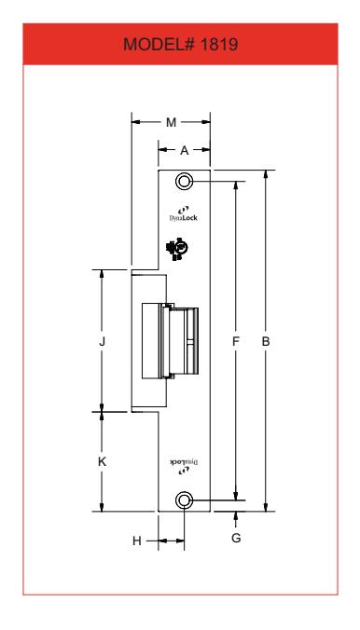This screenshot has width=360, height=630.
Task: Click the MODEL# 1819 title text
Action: [x=180, y=44]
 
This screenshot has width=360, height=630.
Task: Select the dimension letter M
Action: [x=172, y=122]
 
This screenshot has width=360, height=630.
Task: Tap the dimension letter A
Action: [x=185, y=150]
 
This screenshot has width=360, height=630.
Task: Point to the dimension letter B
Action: [x=266, y=341]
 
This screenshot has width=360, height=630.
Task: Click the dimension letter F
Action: [x=236, y=341]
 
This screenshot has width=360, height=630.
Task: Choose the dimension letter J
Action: [x=103, y=341]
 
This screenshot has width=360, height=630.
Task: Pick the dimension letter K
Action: [x=103, y=462]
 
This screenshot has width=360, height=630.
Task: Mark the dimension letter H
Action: [x=137, y=541]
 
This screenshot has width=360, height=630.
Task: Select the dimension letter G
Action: [x=236, y=538]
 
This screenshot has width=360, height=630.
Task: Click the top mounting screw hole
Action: [x=185, y=182]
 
